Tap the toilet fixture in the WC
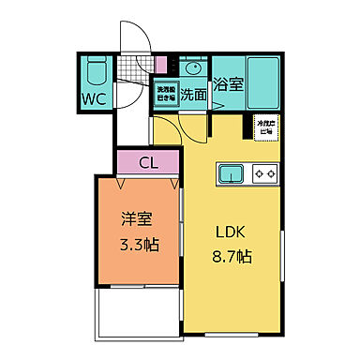pos(97,72)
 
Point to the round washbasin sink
pos(193,68)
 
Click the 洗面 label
pos(194,94)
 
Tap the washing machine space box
pos(165,95)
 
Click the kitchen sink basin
pos(232,174)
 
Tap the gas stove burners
pos(263,174)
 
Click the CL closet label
pos(148,163)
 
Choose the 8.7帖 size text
pos(231,255)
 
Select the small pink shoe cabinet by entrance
pos(160,65)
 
